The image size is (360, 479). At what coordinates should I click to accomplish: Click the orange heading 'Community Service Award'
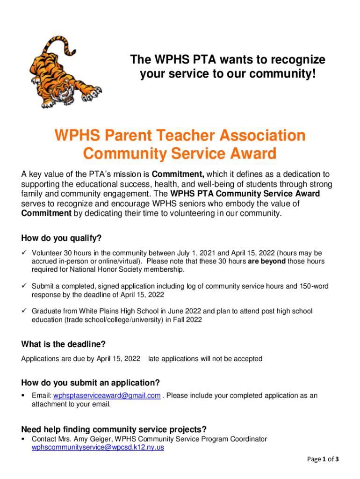(180, 153)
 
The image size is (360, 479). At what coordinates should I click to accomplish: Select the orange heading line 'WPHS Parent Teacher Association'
(180, 136)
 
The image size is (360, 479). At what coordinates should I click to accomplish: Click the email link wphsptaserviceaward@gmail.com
(107, 396)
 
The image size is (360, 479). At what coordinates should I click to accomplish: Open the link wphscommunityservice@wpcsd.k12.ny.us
(98, 447)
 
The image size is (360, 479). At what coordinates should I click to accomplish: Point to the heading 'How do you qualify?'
(61, 238)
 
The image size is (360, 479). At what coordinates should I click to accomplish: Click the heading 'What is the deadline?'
(63, 344)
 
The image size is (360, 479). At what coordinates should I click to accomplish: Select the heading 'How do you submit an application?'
(91, 382)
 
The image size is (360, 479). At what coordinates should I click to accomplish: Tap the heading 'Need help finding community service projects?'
(114, 429)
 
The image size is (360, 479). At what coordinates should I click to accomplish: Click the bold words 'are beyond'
(266, 261)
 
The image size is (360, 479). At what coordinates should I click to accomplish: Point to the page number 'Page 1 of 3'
(323, 459)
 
